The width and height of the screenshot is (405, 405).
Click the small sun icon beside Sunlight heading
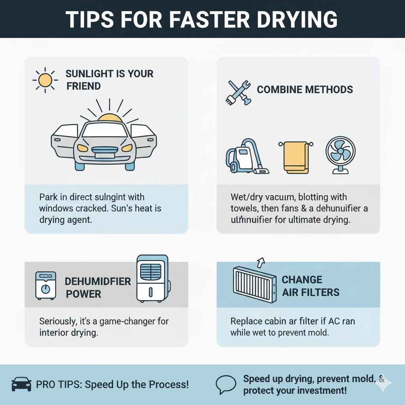pos(45,80)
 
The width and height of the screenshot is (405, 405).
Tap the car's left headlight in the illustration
pos(82,148)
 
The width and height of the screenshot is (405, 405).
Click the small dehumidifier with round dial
pos(45,285)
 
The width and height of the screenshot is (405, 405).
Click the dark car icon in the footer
pos(21,384)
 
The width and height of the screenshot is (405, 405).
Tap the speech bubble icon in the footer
pos(225,384)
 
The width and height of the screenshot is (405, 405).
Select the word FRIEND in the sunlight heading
pos(83,86)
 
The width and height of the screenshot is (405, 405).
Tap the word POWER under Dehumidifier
pos(83,294)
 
